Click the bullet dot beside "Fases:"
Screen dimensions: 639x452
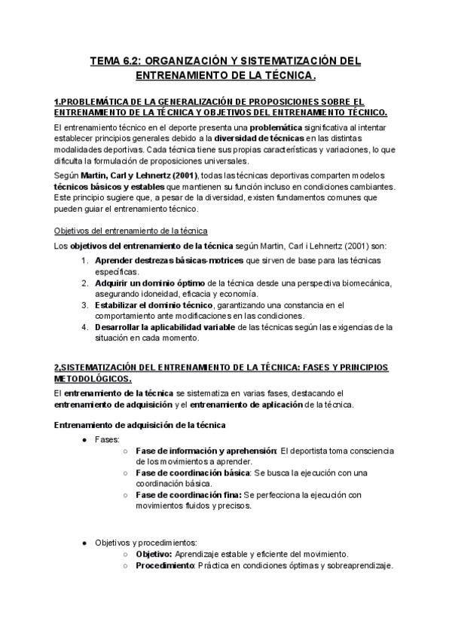click(x=85, y=439)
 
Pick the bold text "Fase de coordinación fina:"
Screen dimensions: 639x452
click(x=188, y=494)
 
